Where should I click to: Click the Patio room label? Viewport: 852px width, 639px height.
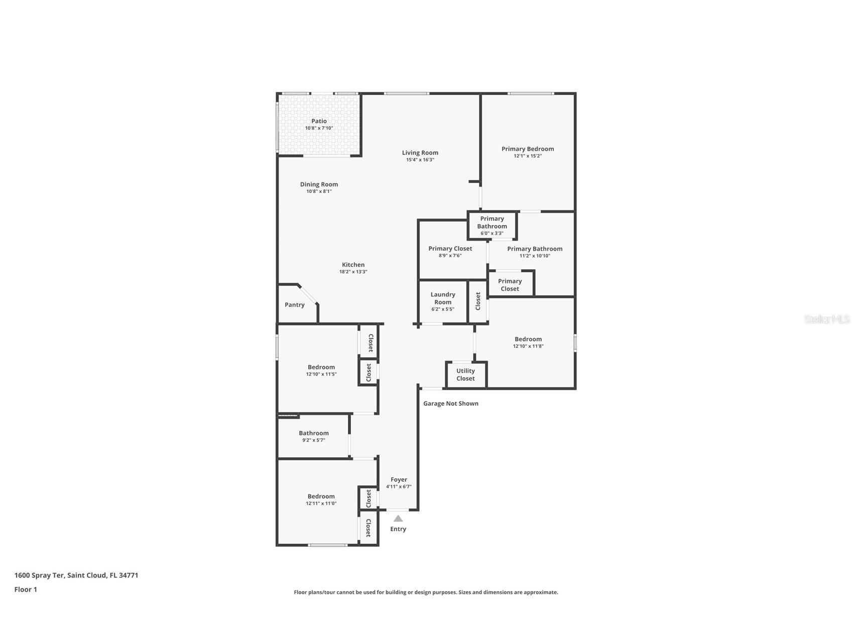click(x=319, y=121)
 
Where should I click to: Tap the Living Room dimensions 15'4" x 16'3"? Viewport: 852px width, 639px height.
click(x=420, y=160)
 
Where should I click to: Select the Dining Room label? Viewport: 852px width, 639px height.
click(x=319, y=184)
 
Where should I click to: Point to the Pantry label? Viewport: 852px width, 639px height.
click(x=295, y=305)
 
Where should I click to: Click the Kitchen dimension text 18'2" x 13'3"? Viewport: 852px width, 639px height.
click(x=353, y=272)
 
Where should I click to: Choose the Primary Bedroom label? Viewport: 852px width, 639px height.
click(x=528, y=149)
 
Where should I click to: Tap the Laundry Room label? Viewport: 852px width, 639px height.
click(x=443, y=298)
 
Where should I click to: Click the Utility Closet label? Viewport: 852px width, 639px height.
click(x=465, y=375)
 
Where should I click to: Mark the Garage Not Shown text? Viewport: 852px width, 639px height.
click(x=450, y=403)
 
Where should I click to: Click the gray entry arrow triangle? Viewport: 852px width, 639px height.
click(x=398, y=518)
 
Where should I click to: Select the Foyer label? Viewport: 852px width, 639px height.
click(x=399, y=480)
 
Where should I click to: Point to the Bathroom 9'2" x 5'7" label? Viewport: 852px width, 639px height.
click(x=314, y=433)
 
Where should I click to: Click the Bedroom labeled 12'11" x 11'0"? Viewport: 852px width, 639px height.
click(x=321, y=496)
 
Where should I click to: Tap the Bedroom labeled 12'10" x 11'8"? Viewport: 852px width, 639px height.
click(x=528, y=339)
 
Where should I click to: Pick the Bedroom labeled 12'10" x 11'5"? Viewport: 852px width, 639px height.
click(x=321, y=367)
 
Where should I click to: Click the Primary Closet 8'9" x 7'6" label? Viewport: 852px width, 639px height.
click(x=450, y=249)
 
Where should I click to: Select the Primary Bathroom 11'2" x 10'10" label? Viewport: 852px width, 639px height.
click(x=535, y=249)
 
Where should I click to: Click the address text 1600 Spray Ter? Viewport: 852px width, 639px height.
click(x=76, y=575)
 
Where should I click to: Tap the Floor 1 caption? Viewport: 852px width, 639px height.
click(x=26, y=590)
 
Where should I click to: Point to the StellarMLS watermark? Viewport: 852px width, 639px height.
click(x=826, y=319)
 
